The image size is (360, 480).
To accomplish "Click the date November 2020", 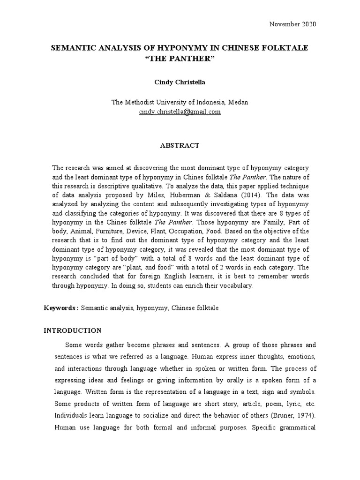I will click(x=292, y=24).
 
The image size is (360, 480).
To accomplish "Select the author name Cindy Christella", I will click(x=180, y=82).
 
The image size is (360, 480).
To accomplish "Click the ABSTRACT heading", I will click(x=180, y=145).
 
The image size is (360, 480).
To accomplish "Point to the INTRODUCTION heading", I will click(x=72, y=330).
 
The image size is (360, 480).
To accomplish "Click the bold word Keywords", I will click(x=60, y=308).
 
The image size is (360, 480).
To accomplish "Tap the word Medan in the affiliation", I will click(x=239, y=102).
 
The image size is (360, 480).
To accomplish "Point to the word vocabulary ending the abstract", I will click(x=235, y=286).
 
